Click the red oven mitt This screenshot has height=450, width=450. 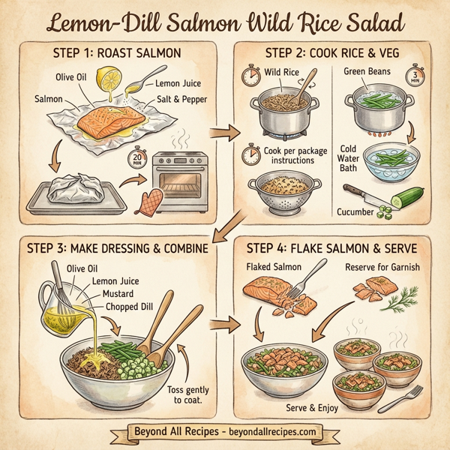click(x=151, y=199)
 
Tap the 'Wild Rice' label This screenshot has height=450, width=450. click(x=283, y=72)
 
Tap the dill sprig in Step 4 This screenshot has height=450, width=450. click(x=394, y=301)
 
